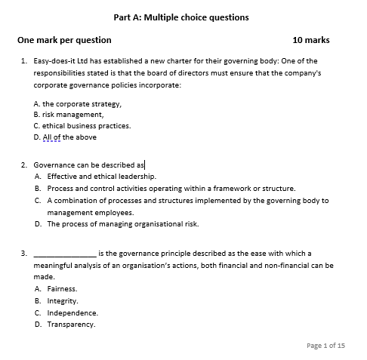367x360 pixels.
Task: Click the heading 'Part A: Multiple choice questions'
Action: [180, 17]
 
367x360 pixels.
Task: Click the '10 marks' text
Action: [310, 40]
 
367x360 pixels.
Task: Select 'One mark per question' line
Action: [64, 40]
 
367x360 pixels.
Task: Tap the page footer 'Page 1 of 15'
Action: [326, 345]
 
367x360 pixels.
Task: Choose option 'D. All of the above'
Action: [65, 137]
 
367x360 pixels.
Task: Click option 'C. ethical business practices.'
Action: [82, 126]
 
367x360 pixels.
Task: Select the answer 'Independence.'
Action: [72, 312]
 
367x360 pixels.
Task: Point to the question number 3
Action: [24, 254]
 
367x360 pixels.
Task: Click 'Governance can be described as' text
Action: [89, 164]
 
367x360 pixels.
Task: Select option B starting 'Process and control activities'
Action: [171, 188]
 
